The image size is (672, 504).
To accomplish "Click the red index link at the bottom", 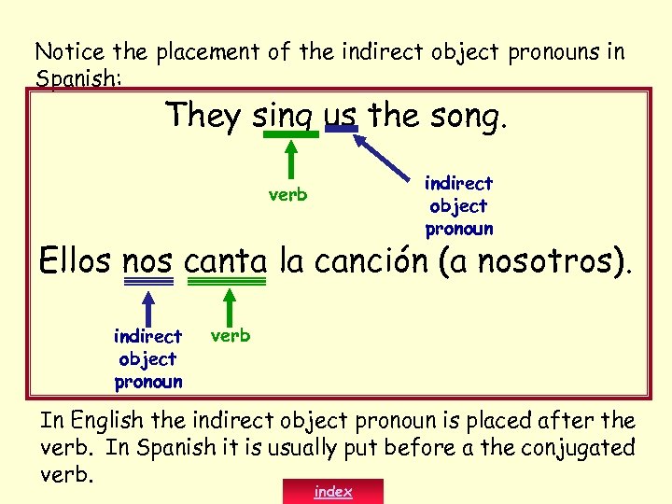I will coord(333,491).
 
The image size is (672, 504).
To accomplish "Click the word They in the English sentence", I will coord(203,115).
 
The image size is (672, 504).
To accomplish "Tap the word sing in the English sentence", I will coord(286,117).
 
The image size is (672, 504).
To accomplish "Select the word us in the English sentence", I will coord(341,116).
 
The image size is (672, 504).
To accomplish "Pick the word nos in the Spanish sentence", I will coord(147,261).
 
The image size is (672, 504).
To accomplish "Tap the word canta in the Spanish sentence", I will coord(227,261).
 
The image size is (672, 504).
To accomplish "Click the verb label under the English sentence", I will coord(287,195).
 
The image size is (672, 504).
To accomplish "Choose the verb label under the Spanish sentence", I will coord(230,335).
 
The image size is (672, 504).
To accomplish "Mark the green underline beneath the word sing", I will coord(290,134).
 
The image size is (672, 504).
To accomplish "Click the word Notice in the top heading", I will coord(62,53).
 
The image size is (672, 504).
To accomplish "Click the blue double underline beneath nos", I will coord(147,281).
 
